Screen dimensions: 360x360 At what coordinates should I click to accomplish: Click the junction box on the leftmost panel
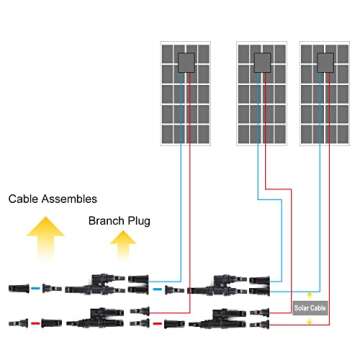(x=186, y=63)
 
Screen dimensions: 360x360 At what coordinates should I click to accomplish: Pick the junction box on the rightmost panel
(x=324, y=63)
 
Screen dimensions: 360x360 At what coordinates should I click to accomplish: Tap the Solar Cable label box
(x=310, y=307)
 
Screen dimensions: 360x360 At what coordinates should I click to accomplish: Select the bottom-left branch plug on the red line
(x=104, y=321)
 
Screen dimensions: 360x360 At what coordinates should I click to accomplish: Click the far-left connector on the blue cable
(x=22, y=287)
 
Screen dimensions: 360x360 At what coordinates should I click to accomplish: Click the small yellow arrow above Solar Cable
(x=310, y=295)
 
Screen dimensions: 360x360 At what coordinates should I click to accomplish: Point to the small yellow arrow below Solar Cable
(x=310, y=319)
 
